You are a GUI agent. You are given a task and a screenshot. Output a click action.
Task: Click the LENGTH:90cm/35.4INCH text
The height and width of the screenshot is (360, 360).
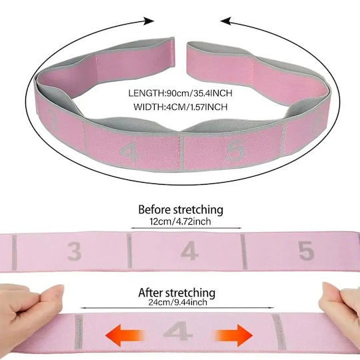point(180,93)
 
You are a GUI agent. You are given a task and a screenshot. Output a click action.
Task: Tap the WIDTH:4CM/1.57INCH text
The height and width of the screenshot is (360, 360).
point(181,107)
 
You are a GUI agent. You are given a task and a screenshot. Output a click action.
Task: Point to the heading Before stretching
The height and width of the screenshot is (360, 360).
point(181,209)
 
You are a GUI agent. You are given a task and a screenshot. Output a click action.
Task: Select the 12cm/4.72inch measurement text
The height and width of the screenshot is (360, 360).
point(180,221)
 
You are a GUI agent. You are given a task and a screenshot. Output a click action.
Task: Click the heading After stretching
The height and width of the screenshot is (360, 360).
point(177,293)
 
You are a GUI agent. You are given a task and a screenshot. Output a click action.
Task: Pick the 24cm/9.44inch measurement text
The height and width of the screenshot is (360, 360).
point(177,303)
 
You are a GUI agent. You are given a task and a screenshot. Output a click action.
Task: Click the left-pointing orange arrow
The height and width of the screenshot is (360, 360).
point(125,335)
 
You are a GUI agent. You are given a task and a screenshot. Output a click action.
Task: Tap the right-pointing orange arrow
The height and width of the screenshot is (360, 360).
point(234,335)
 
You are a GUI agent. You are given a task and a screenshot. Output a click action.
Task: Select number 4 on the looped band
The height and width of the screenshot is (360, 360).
point(129,152)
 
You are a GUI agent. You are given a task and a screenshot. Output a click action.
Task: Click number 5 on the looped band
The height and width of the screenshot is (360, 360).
point(235,151)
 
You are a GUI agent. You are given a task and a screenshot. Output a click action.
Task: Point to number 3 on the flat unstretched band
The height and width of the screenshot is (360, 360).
point(75,251)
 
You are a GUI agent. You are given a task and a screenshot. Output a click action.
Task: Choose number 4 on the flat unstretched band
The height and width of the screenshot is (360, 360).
point(189,251)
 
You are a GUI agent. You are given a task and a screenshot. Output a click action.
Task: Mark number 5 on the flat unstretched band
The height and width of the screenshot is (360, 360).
point(306,251)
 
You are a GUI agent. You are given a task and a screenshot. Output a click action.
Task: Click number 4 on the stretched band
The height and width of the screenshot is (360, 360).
point(178,331)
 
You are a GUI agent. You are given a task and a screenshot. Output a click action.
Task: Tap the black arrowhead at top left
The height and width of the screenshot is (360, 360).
point(149,21)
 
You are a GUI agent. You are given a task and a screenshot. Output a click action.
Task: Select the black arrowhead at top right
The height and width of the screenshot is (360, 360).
point(226,21)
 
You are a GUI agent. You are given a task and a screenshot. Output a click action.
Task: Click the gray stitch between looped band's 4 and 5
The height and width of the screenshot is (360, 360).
point(181,153)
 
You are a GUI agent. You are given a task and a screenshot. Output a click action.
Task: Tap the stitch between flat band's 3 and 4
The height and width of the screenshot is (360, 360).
point(129,251)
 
